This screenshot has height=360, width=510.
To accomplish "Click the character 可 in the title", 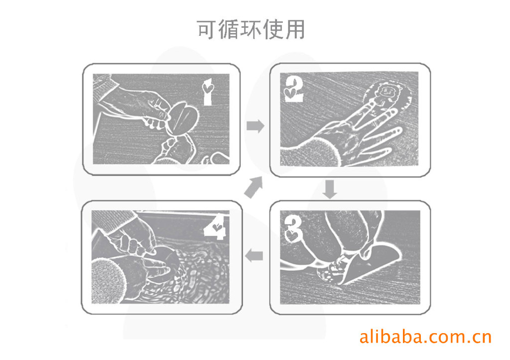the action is pyautogui.click(x=207, y=29).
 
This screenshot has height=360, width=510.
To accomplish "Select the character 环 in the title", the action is pyautogui.click(x=251, y=29).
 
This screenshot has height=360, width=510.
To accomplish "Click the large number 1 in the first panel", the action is pyautogui.click(x=208, y=92).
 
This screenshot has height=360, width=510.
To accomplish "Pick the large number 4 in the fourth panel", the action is pyautogui.click(x=215, y=227).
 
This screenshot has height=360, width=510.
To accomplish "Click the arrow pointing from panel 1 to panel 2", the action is pyautogui.click(x=255, y=126).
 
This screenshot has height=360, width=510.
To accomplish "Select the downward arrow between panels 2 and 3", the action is pyautogui.click(x=330, y=189).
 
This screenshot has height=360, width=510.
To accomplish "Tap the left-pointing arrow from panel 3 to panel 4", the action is pyautogui.click(x=254, y=255).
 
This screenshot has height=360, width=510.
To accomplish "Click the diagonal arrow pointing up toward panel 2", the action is pyautogui.click(x=254, y=187).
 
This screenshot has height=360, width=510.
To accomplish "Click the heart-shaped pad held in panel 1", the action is pyautogui.click(x=183, y=119).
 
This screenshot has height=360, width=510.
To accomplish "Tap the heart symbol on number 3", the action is pyautogui.click(x=291, y=236).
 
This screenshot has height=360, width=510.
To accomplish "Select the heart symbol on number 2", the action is pyautogui.click(x=289, y=93).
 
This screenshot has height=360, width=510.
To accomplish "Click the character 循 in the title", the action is pyautogui.click(x=229, y=29).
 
